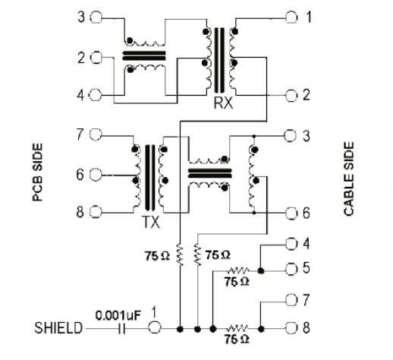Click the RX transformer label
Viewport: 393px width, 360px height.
tap(223, 103)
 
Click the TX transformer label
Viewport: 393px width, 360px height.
tap(151, 223)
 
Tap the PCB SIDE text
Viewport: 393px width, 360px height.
tap(38, 172)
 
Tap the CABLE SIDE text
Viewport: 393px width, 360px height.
tap(349, 178)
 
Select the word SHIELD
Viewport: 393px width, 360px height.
tap(58, 328)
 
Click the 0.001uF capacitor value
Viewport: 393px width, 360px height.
tap(118, 315)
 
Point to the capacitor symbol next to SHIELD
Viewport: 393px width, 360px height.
tap(121, 329)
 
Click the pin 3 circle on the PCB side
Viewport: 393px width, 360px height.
tap(96, 17)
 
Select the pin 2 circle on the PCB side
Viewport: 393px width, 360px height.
tap(96, 58)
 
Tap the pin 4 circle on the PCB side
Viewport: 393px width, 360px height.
tap(96, 96)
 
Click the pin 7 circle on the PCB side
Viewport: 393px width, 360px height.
tap(96, 134)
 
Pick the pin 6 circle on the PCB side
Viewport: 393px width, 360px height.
tap(96, 175)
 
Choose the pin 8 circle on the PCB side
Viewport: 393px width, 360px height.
tap(96, 212)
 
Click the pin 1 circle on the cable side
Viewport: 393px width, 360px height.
tap(291, 17)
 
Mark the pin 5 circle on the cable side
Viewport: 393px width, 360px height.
tap(291, 269)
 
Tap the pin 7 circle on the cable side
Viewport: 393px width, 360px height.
tap(291, 300)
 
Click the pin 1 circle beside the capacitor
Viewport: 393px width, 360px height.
tap(154, 327)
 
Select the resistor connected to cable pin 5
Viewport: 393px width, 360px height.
tap(237, 270)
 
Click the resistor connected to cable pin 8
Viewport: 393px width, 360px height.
tap(237, 329)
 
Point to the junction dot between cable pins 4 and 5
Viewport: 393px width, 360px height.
tap(261, 271)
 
